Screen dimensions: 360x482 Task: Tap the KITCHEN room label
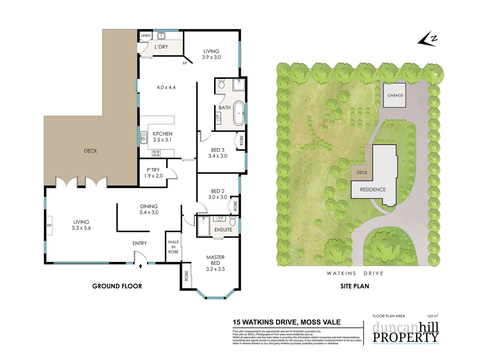[163, 134]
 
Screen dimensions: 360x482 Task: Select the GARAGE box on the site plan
[395, 95]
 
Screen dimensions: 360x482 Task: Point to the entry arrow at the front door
[141, 266]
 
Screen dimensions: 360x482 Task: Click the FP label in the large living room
[49, 226]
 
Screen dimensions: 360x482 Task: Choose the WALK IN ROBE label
[173, 247]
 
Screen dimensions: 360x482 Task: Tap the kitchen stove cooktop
[156, 153]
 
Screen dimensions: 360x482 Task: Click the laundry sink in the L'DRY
[161, 35]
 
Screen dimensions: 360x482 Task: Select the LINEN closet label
[146, 35]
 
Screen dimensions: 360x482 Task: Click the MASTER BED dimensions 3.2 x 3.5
[215, 269]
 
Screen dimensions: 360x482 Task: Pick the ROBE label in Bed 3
[241, 140]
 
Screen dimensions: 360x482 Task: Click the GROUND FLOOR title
[117, 286]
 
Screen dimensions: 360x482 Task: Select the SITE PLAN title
[354, 286]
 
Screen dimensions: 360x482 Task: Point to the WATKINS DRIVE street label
[355, 273]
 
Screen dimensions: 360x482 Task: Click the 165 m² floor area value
[432, 316]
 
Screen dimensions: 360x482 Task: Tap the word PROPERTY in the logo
[405, 337]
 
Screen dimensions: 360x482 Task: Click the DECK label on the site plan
[362, 172]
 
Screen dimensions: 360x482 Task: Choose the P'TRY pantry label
[153, 170]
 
